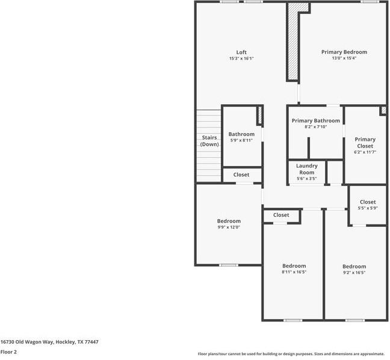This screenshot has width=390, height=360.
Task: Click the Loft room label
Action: point(241,52)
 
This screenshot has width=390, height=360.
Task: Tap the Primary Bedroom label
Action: point(344,52)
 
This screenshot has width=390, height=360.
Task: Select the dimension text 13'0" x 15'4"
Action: point(344,58)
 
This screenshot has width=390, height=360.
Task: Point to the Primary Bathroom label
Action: point(315,120)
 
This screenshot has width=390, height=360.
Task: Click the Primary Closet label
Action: point(365,143)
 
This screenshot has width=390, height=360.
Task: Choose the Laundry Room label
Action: point(307,169)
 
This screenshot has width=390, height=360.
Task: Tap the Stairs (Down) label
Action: point(209,141)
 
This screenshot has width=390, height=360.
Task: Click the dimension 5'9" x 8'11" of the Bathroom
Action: point(241,140)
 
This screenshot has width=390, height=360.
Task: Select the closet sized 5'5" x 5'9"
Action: point(367,205)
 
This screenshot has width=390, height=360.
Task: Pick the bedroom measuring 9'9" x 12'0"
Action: point(229,224)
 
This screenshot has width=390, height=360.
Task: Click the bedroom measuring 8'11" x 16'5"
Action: point(294,268)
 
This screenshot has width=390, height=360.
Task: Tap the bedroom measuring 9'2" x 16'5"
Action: point(354,269)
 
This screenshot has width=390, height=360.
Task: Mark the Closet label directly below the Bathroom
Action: point(241,175)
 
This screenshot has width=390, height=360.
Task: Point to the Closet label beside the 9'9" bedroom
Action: point(280,215)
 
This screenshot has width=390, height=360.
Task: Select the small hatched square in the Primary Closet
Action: point(383,110)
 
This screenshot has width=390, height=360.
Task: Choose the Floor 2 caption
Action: point(8,352)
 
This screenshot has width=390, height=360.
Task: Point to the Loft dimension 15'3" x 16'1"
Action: point(241,58)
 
